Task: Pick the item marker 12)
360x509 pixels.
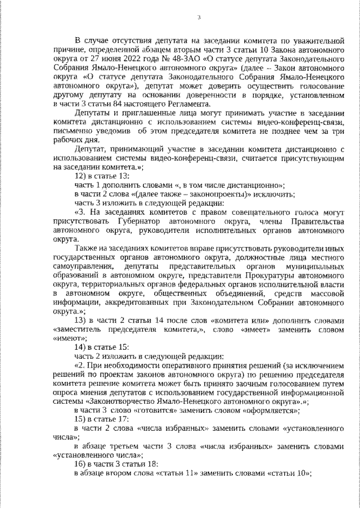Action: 82,176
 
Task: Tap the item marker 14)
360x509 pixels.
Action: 82,348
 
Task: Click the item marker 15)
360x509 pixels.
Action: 82,420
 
